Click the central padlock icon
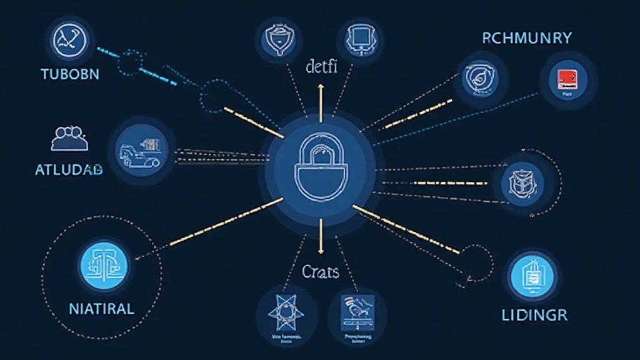[320, 170]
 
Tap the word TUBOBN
[69, 74]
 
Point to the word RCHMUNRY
[526, 38]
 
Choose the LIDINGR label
[534, 314]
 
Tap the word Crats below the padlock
[320, 272]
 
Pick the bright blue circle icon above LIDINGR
[532, 276]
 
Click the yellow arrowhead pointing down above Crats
[321, 250]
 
